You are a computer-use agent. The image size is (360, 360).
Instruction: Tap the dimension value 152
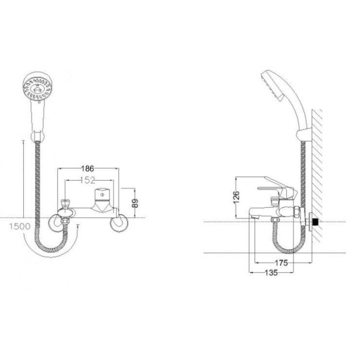87,180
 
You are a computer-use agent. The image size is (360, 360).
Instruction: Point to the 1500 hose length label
19,227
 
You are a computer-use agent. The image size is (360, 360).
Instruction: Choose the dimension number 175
280,262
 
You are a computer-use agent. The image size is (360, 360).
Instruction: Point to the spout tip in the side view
252,212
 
